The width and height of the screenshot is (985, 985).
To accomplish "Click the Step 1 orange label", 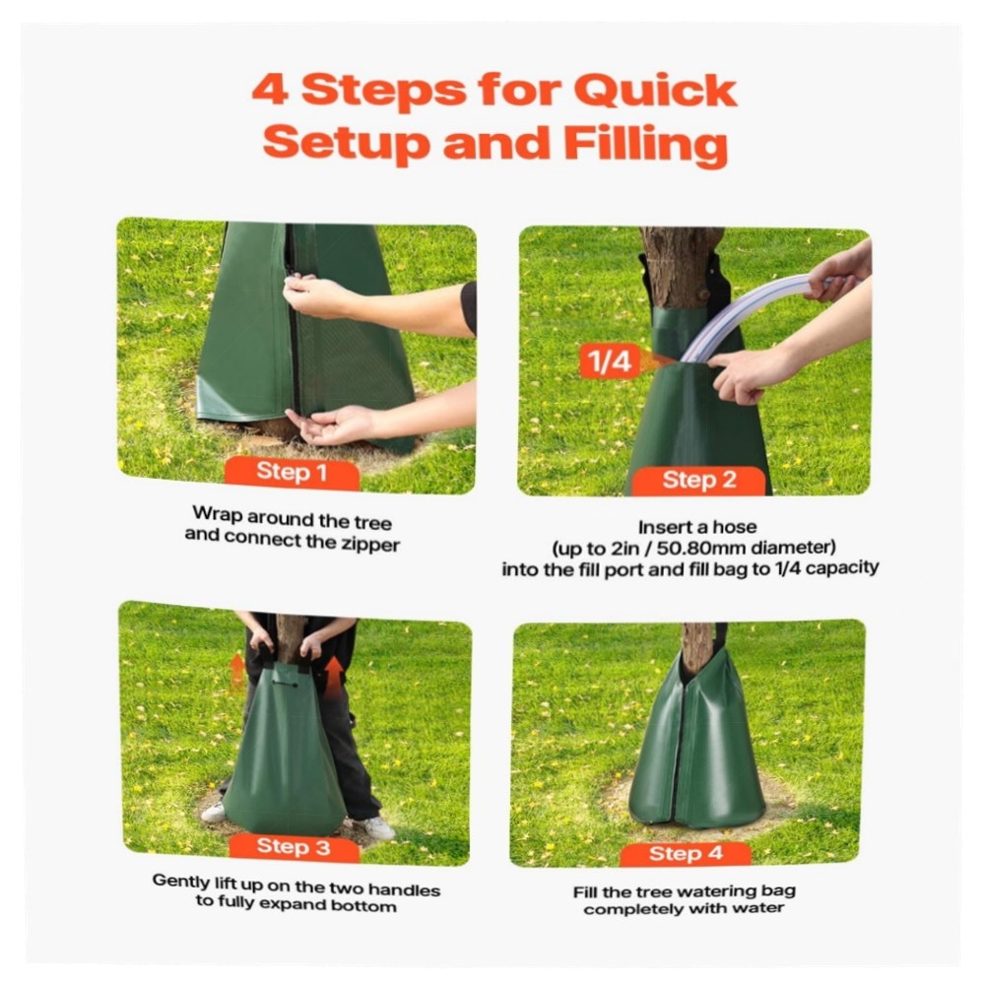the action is [x=293, y=474].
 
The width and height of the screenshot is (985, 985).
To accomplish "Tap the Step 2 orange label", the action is [x=698, y=482].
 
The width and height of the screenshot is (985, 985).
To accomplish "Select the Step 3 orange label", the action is [x=294, y=848].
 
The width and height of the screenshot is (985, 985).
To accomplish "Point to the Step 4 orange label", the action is [x=686, y=854].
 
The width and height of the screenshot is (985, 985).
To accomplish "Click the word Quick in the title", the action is [x=655, y=91].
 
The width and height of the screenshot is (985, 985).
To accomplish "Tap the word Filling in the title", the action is [x=646, y=145].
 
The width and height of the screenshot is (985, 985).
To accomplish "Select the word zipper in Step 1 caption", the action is [x=370, y=544].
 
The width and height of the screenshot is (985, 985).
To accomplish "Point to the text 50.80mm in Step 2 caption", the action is [x=701, y=549].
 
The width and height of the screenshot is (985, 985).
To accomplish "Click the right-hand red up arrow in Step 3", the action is [x=333, y=678].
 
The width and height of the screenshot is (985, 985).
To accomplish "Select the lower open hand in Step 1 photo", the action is [x=332, y=425].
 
